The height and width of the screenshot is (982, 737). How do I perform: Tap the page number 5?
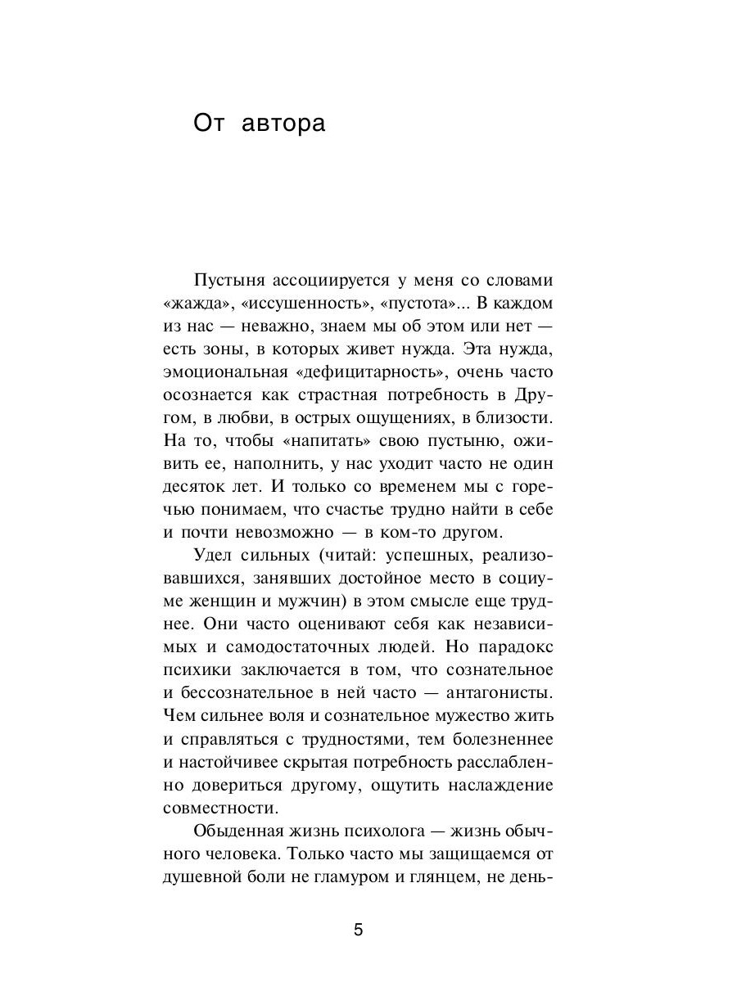point(358,930)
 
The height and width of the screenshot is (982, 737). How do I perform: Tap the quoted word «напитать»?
point(322,440)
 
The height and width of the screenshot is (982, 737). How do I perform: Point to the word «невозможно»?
point(282,532)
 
